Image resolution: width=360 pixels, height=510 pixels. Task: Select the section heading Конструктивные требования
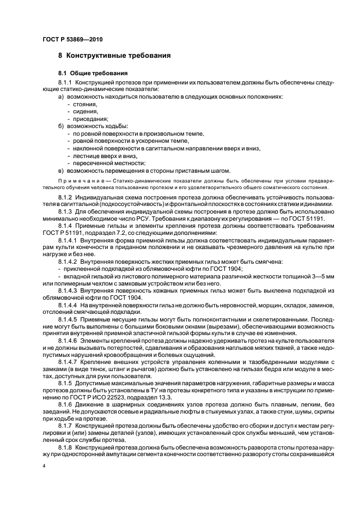pos(119,56)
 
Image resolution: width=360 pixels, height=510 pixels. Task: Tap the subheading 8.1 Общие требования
pos(93,72)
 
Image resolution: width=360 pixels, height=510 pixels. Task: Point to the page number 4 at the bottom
pos(44,466)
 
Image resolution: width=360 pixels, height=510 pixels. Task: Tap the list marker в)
pos(62,171)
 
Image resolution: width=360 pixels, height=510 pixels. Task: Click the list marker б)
pos(62,126)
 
